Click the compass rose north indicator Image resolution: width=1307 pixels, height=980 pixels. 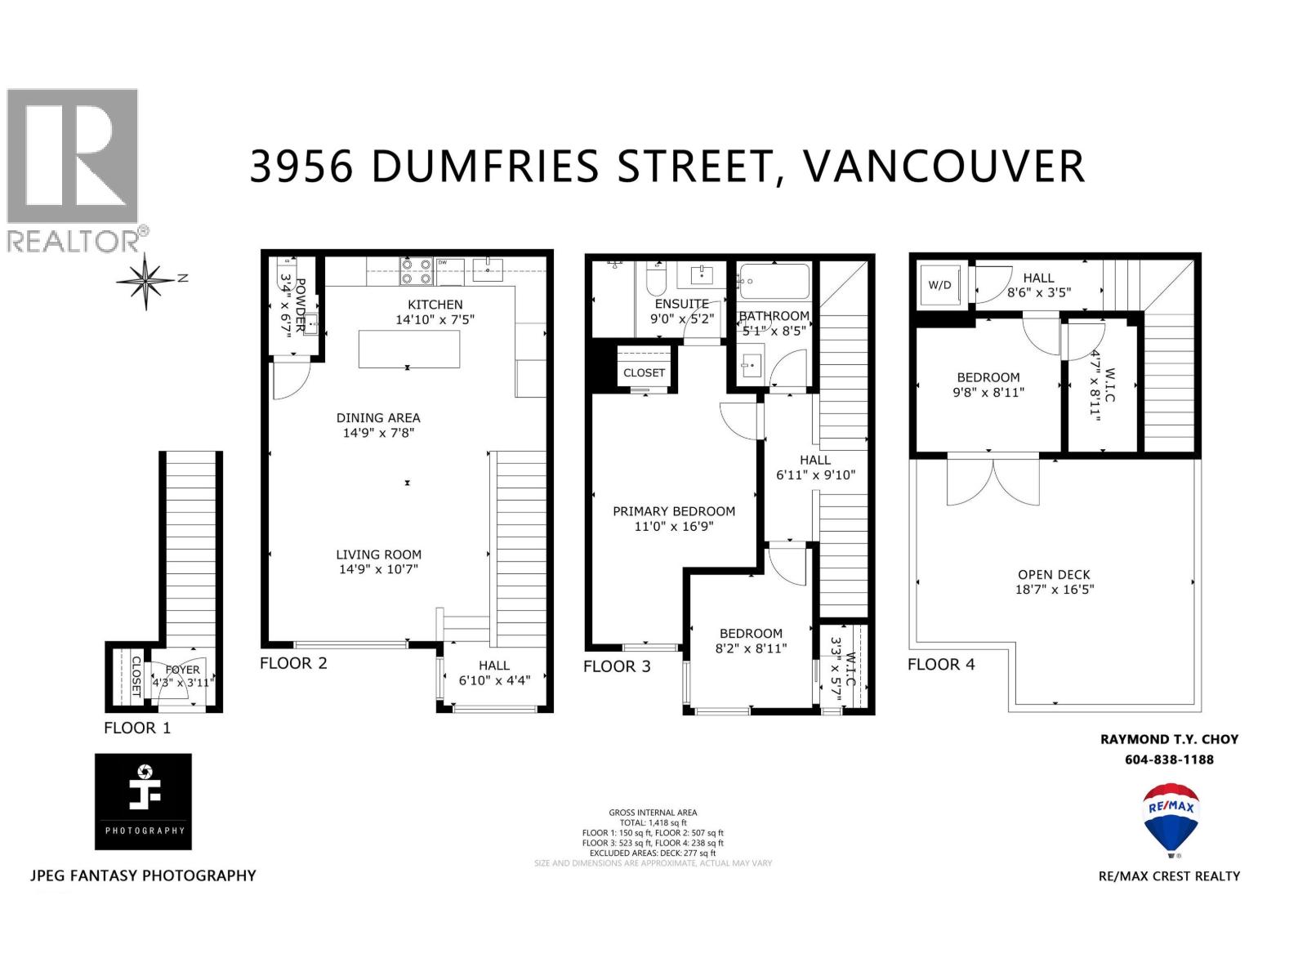(147, 281)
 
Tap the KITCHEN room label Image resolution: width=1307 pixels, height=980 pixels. (435, 305)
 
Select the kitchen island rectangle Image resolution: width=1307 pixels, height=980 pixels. (409, 350)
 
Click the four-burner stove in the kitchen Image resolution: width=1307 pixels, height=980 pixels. (415, 271)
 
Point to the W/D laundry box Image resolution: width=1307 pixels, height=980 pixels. (940, 285)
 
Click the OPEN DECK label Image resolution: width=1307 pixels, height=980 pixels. (1054, 574)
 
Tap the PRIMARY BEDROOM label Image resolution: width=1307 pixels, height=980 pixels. (674, 511)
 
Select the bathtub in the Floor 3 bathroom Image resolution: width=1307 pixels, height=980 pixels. (774, 282)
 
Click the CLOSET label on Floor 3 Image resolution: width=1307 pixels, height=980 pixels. (644, 372)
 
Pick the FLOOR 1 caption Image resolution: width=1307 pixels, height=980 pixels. (137, 728)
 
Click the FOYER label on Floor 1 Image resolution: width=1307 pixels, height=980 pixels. (182, 670)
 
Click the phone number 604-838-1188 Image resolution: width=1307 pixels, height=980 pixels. (1169, 759)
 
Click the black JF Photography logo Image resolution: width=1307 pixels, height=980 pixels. (143, 801)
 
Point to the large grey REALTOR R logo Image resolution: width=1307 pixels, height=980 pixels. (73, 156)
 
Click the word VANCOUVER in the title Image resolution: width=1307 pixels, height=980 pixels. (944, 166)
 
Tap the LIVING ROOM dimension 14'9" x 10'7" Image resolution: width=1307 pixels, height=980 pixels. (378, 569)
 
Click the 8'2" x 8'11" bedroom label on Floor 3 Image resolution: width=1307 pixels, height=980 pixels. (751, 648)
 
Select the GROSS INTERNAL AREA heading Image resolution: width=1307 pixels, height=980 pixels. (653, 813)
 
